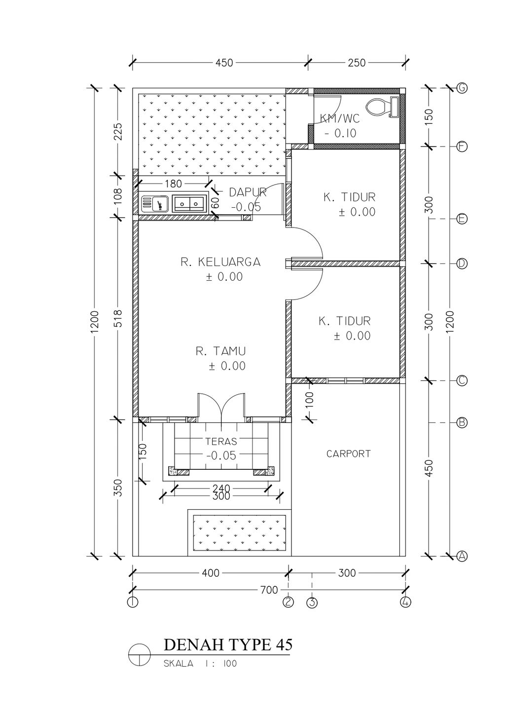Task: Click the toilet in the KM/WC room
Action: click(x=382, y=107)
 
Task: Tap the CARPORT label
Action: click(x=348, y=453)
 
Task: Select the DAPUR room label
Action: click(x=248, y=192)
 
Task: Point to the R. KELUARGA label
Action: click(x=220, y=262)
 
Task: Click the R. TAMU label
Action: click(x=221, y=351)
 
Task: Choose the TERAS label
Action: click(x=221, y=442)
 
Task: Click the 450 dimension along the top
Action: click(x=224, y=63)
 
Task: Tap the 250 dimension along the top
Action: click(x=357, y=63)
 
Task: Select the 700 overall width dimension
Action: click(x=269, y=590)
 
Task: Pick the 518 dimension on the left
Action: click(x=118, y=318)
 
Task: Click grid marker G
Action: click(x=462, y=88)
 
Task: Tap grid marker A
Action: click(x=462, y=557)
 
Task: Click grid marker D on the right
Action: click(x=462, y=263)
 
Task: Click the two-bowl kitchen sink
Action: click(x=188, y=204)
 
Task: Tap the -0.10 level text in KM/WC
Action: click(x=340, y=133)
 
